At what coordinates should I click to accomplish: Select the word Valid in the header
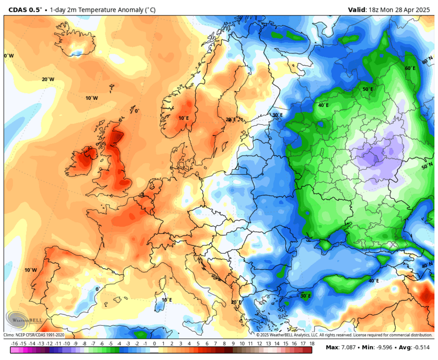(358, 9)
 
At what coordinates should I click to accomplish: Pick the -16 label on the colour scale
(14, 344)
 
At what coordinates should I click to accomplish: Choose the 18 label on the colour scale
(312, 344)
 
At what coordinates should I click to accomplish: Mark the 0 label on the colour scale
(154, 344)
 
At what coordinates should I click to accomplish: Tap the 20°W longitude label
(48, 80)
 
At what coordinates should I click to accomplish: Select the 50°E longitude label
(368, 89)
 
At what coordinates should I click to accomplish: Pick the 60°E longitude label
(410, 68)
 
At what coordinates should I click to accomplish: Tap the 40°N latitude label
(427, 265)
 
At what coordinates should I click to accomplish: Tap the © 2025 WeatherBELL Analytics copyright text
(344, 335)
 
